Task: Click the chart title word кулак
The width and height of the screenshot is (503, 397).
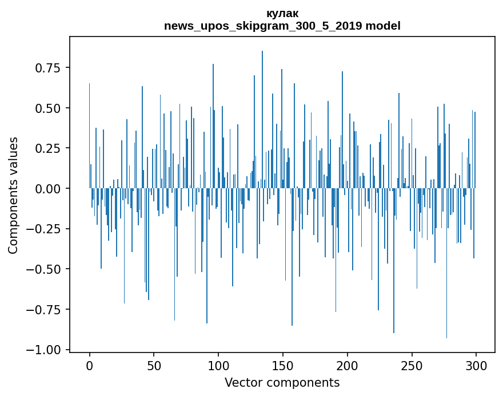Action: (282, 13)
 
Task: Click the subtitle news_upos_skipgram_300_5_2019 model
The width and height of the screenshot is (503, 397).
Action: (282, 26)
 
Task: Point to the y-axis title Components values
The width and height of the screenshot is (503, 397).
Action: (13, 195)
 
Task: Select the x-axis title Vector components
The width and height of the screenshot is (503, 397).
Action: (282, 382)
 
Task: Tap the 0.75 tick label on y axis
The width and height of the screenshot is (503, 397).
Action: (48, 68)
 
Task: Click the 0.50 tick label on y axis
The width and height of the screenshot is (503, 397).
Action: (48, 108)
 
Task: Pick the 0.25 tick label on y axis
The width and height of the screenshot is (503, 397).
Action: (48, 148)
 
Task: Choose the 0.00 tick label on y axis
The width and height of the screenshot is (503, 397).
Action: (48, 188)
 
